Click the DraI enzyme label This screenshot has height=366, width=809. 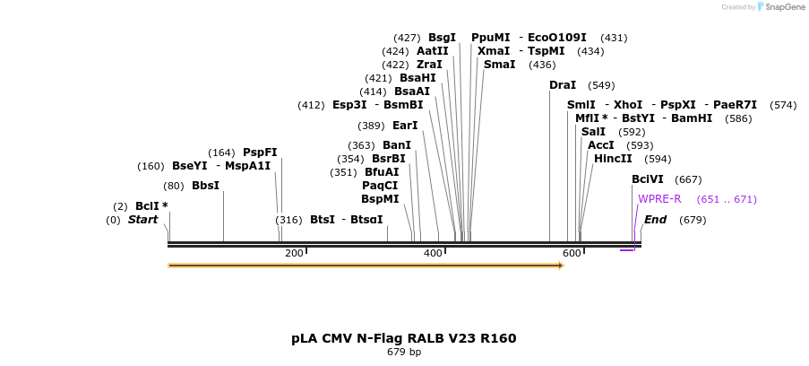click(563, 85)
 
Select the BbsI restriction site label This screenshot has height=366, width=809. click(205, 186)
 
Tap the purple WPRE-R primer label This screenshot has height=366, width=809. click(659, 199)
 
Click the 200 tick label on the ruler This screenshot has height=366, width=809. click(294, 254)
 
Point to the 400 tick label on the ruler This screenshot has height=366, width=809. click(433, 254)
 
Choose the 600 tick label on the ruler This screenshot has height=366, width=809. click(572, 254)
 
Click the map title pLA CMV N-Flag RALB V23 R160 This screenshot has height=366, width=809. click(403, 338)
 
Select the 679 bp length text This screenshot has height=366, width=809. click(403, 352)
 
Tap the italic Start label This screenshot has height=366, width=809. click(142, 220)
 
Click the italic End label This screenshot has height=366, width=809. click(655, 220)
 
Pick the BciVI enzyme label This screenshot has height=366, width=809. click(648, 179)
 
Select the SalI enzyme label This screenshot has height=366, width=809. click(593, 132)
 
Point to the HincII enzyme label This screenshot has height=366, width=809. click(613, 159)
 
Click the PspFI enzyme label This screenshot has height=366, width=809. click(260, 152)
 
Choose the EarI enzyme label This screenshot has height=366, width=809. click(405, 126)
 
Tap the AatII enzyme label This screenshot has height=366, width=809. click(433, 51)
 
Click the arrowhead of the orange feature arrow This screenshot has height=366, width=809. click(561, 266)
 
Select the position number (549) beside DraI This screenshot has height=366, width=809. click(601, 85)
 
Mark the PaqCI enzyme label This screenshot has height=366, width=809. click(380, 186)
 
